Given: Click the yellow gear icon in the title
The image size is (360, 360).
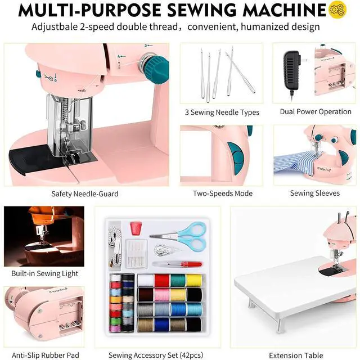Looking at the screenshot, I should pos(336,10).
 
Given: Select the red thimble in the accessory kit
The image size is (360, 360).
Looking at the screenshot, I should pos(134,228).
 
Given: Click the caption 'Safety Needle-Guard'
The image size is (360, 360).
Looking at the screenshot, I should pos(85,193).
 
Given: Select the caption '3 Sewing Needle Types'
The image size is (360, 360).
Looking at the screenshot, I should pos(222,112).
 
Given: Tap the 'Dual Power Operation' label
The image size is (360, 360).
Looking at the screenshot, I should pos(316,111).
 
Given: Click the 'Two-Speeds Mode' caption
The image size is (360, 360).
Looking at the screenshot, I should pos(222,193).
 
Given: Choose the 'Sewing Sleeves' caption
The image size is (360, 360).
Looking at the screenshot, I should pos(315,193).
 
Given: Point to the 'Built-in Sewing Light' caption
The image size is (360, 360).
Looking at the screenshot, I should pos(45,274).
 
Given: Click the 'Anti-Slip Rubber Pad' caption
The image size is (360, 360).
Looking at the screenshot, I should pos(45,355).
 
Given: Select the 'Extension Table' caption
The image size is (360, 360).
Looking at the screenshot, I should pos(295,355).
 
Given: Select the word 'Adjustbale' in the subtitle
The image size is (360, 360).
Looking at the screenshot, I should pos(54,27).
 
